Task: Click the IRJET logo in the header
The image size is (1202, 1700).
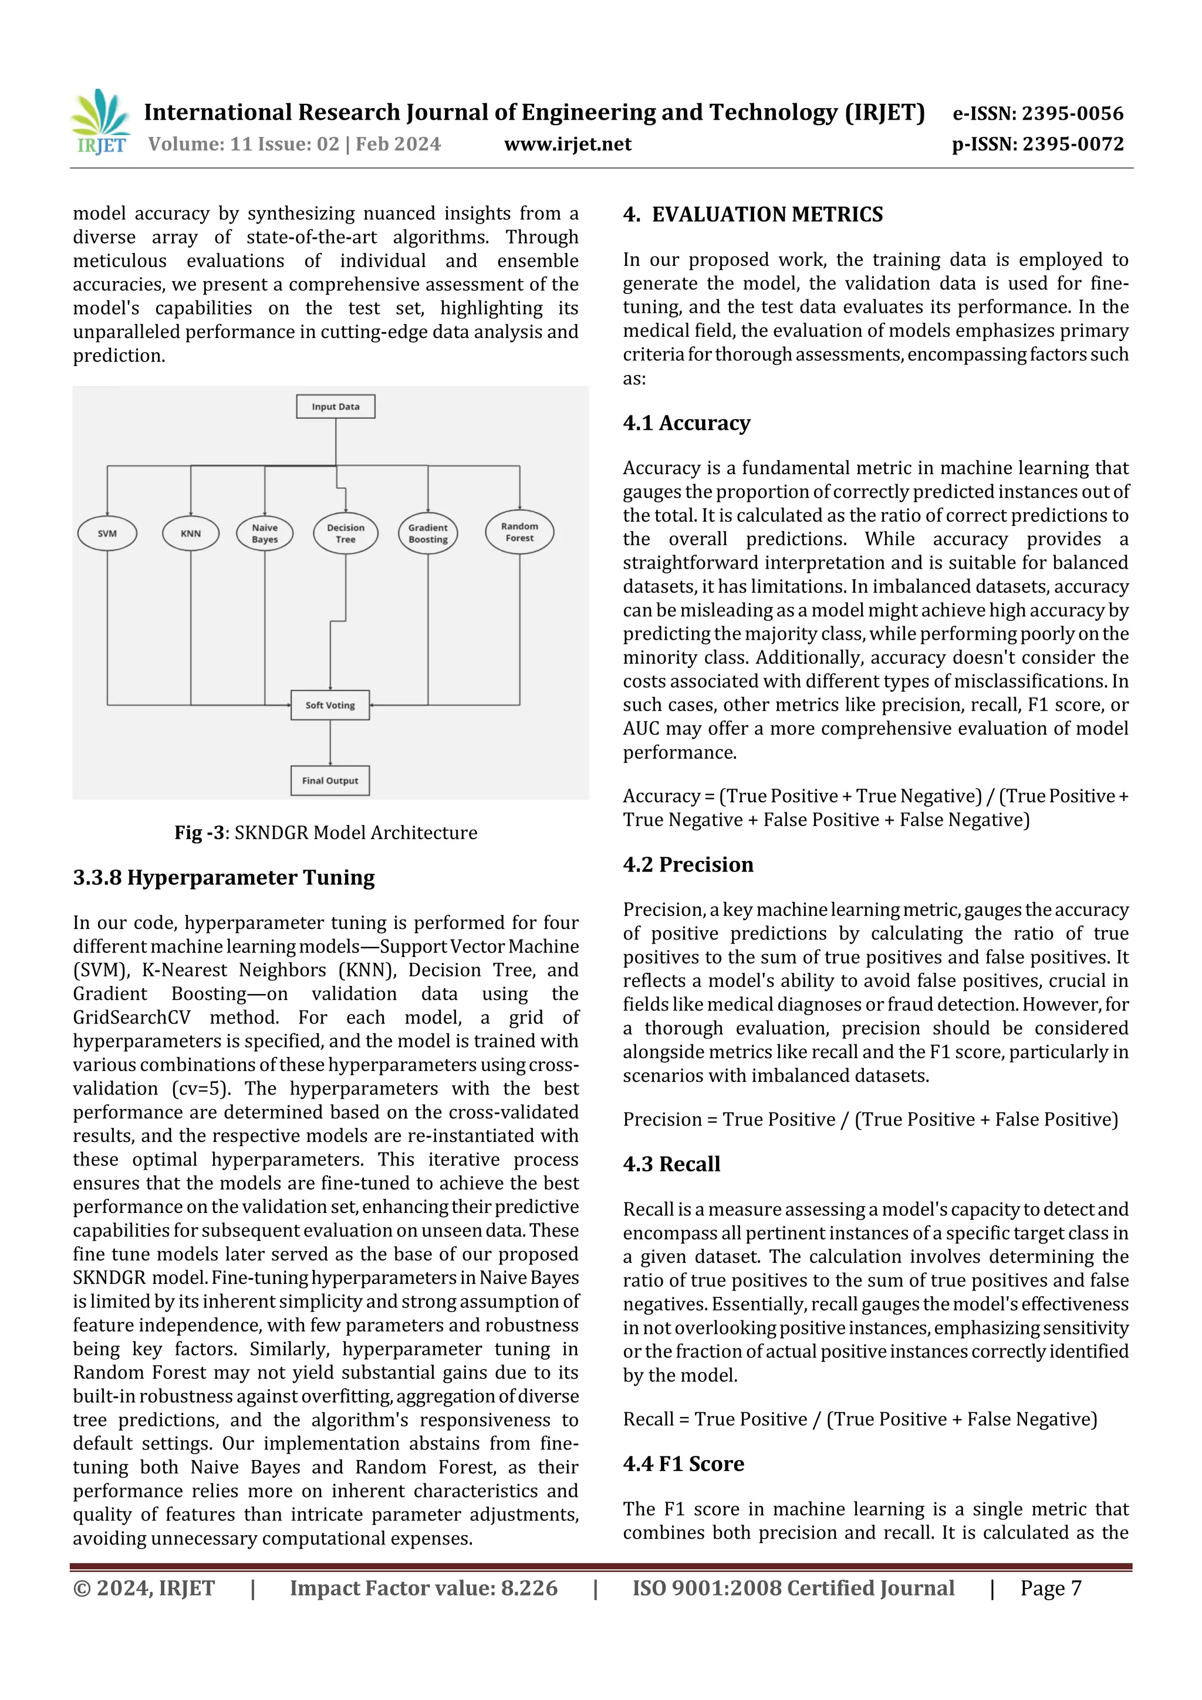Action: point(101,122)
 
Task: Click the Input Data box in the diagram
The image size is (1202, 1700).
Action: point(336,407)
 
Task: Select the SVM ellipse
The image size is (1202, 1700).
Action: point(107,533)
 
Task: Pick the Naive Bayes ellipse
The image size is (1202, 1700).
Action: point(264,533)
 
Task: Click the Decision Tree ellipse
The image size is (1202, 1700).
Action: point(345,533)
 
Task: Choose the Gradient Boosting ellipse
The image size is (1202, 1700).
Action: point(428,533)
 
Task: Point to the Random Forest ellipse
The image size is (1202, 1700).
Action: point(519,532)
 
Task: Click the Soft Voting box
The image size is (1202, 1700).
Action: point(330,705)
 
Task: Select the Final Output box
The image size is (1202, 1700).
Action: point(330,780)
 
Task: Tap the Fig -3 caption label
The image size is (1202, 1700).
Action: point(200,833)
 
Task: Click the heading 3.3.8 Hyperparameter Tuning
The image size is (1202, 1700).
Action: point(224,877)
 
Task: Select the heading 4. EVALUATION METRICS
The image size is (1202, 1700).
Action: point(752,215)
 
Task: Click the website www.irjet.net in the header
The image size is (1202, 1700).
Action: point(568,144)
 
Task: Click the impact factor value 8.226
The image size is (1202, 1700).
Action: point(529,1588)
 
